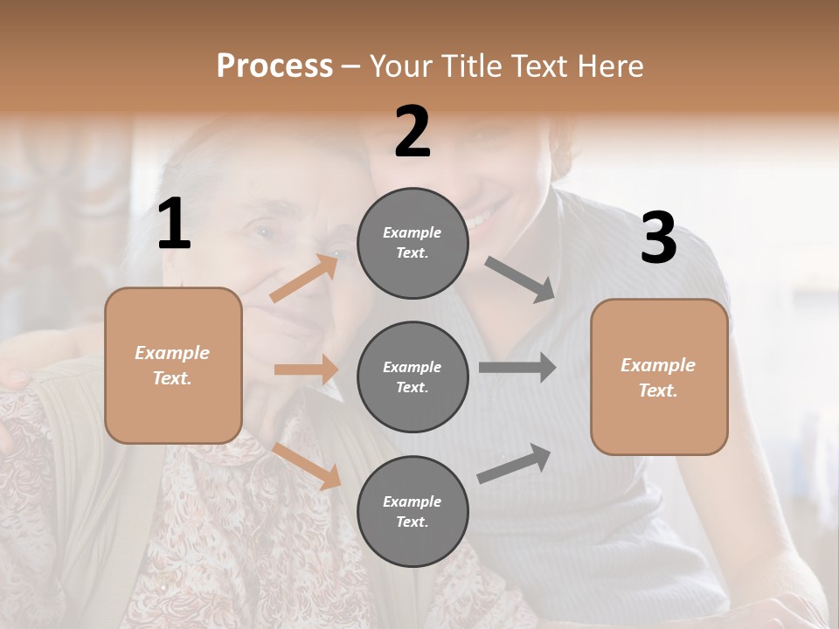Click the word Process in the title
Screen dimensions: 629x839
(274, 66)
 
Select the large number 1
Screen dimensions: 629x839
(174, 225)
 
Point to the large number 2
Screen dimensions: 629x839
(413, 132)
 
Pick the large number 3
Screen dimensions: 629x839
(658, 238)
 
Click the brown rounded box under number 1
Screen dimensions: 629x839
(173, 365)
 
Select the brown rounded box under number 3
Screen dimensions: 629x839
(659, 377)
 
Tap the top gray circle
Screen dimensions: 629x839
(413, 243)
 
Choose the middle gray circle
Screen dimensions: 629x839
(413, 377)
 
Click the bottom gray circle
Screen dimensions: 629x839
(413, 511)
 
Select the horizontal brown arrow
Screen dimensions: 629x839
(306, 370)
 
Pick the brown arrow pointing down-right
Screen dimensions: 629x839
(307, 466)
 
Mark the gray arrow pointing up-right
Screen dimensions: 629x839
(515, 464)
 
